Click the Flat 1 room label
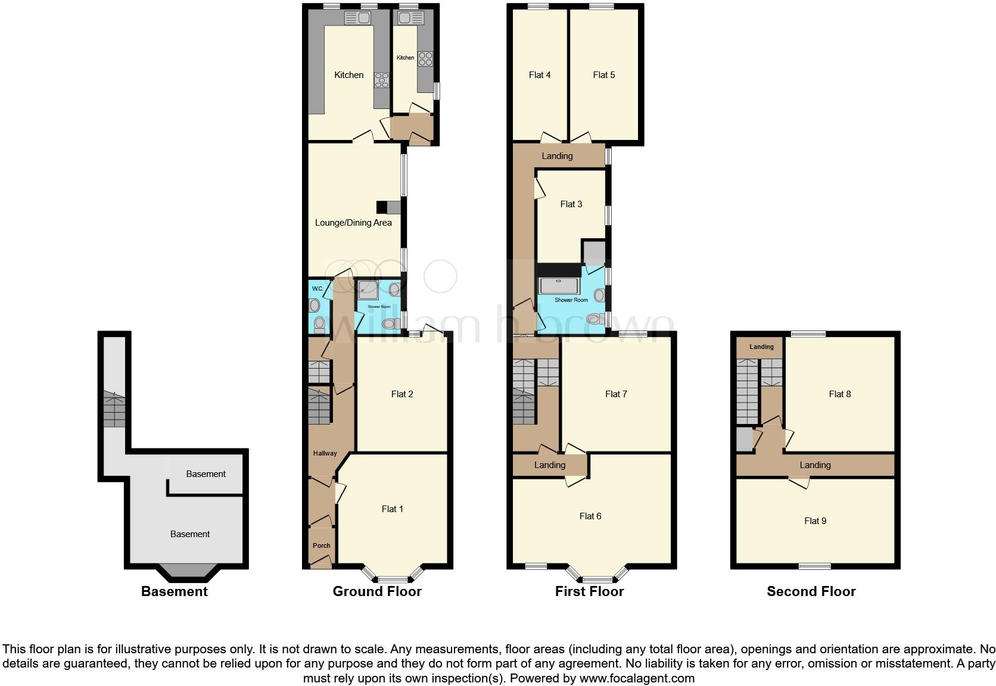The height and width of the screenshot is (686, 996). [392, 509]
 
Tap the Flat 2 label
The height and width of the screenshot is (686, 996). [402, 394]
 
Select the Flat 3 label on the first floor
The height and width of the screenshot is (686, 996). [571, 204]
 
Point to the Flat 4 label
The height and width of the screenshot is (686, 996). [540, 75]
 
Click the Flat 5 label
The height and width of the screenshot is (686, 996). [604, 75]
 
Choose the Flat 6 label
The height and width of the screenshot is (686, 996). [590, 516]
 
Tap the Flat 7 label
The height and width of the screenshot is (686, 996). [616, 394]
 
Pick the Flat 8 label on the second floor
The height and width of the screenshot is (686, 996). [840, 394]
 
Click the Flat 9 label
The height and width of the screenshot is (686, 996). [816, 521]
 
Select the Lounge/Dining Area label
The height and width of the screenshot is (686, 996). [353, 223]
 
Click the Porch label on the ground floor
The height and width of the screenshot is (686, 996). [322, 545]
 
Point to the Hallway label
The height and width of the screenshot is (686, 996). [325, 454]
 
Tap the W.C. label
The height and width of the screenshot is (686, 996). [318, 289]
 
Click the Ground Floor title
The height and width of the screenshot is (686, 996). [377, 591]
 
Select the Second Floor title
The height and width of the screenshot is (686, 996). [811, 591]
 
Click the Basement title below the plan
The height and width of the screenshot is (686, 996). [175, 591]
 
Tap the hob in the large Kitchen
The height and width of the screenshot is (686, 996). [381, 80]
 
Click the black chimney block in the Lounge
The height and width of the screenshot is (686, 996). [382, 207]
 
